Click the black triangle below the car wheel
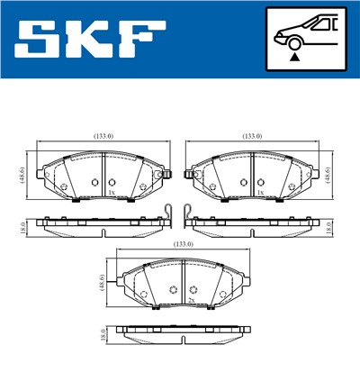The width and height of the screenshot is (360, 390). click(295, 57)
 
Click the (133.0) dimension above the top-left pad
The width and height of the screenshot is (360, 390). click(103, 136)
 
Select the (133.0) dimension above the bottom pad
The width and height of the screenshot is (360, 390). click(183, 244)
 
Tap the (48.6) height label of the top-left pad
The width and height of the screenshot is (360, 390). click(22, 172)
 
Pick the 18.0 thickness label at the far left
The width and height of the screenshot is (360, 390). click(22, 229)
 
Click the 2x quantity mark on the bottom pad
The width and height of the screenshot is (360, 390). click(191, 301)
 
